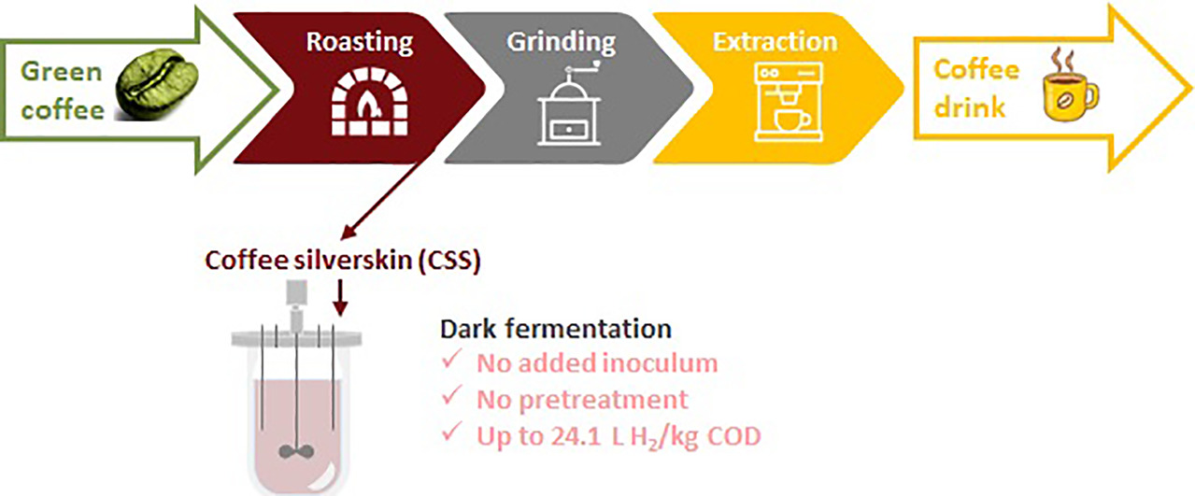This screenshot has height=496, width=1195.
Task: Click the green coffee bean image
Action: [x=157, y=84]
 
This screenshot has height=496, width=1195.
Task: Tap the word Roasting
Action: [x=360, y=42]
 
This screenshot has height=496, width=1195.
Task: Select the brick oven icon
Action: [x=369, y=102]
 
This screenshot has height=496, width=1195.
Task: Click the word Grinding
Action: [x=562, y=42]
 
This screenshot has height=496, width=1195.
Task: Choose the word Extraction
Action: [x=775, y=42]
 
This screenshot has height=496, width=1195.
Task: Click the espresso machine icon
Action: [x=789, y=102]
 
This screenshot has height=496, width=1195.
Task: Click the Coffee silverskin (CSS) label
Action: [x=343, y=261]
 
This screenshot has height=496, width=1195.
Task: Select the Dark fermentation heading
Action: [x=555, y=329]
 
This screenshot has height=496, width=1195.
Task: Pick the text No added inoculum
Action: [x=597, y=363]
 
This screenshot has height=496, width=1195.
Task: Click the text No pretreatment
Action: [x=582, y=400]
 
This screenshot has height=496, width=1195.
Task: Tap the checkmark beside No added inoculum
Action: [x=451, y=360]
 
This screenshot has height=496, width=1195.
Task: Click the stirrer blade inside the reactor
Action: [x=296, y=451]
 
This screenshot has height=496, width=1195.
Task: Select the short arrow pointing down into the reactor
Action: [x=340, y=298]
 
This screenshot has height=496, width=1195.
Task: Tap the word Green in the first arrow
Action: [x=61, y=72]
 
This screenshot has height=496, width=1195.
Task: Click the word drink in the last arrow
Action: [x=969, y=107]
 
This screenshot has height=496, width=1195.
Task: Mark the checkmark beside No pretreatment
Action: [x=451, y=396]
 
